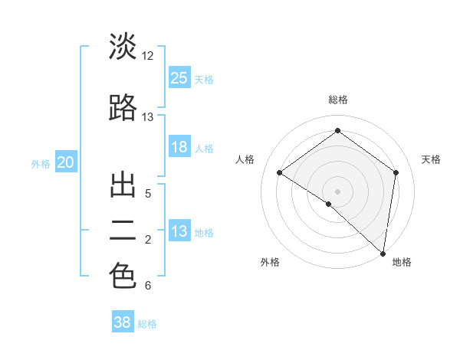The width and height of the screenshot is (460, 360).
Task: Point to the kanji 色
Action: point(123,276)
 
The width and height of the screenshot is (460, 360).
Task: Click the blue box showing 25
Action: point(179,78)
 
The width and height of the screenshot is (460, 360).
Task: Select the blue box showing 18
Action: point(179,147)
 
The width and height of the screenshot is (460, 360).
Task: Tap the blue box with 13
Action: point(179,231)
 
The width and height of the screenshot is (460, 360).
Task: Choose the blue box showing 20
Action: point(66,162)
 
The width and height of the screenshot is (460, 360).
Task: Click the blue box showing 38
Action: point(123,322)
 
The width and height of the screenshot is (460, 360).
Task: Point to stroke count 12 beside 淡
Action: point(147,56)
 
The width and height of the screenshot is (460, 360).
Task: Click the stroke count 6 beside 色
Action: point(147,286)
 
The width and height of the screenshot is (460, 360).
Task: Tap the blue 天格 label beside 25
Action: point(204,79)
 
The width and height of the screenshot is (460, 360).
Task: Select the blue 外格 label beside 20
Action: point(41,163)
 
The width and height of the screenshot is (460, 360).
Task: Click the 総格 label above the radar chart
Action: point(337,100)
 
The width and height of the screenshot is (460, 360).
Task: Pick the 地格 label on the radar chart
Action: point(402,262)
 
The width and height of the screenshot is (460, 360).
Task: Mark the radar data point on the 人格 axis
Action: point(280,172)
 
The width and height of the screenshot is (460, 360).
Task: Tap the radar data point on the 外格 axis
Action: point(329,204)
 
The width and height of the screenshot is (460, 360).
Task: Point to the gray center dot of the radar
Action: point(337,191)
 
